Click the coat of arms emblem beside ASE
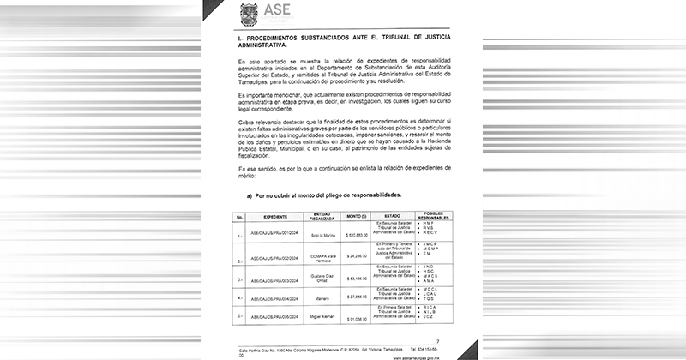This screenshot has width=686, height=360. (248, 12)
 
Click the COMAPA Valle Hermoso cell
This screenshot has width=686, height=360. (322, 256)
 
